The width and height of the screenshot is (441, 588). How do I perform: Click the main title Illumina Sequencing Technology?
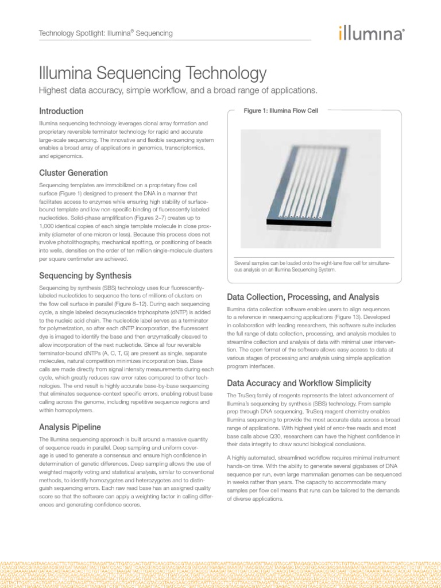(x=152, y=73)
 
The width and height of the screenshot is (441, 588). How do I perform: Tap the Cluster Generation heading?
(x=73, y=173)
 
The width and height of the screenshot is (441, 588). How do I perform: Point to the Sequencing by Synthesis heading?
(x=85, y=275)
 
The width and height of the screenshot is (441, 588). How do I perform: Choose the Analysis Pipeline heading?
(x=70, y=427)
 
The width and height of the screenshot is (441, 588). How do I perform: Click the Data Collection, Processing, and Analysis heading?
(x=303, y=297)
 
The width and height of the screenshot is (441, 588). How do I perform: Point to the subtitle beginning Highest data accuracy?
(x=177, y=91)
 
